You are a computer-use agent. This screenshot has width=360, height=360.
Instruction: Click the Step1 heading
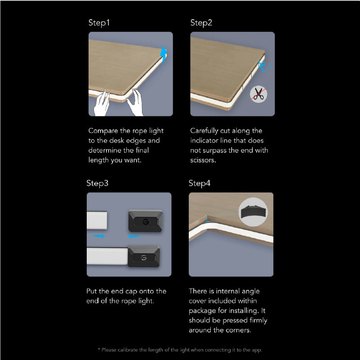[x=99, y=23]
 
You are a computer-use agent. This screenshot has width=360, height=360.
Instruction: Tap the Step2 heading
[x=201, y=23]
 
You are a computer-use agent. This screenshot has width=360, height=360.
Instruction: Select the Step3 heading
[x=97, y=183]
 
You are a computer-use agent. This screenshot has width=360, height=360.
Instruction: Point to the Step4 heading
[x=199, y=183]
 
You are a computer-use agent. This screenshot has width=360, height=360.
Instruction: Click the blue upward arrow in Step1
[x=164, y=54]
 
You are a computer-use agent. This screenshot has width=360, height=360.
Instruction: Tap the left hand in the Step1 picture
[x=102, y=103]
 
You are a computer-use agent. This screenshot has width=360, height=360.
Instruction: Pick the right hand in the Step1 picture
[x=135, y=102]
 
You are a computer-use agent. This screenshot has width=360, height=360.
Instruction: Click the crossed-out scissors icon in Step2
[x=258, y=94]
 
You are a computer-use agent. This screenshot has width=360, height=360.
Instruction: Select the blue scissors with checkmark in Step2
[x=264, y=67]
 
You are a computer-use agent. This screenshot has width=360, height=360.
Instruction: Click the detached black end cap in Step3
[x=146, y=221]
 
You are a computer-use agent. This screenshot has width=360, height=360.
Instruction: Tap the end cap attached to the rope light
[x=144, y=257]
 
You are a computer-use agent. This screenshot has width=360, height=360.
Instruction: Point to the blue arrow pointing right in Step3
[x=98, y=236]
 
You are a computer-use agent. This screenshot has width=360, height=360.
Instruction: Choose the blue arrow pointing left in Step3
[x=135, y=236]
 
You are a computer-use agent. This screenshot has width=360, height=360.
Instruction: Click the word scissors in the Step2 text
[x=203, y=160]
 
